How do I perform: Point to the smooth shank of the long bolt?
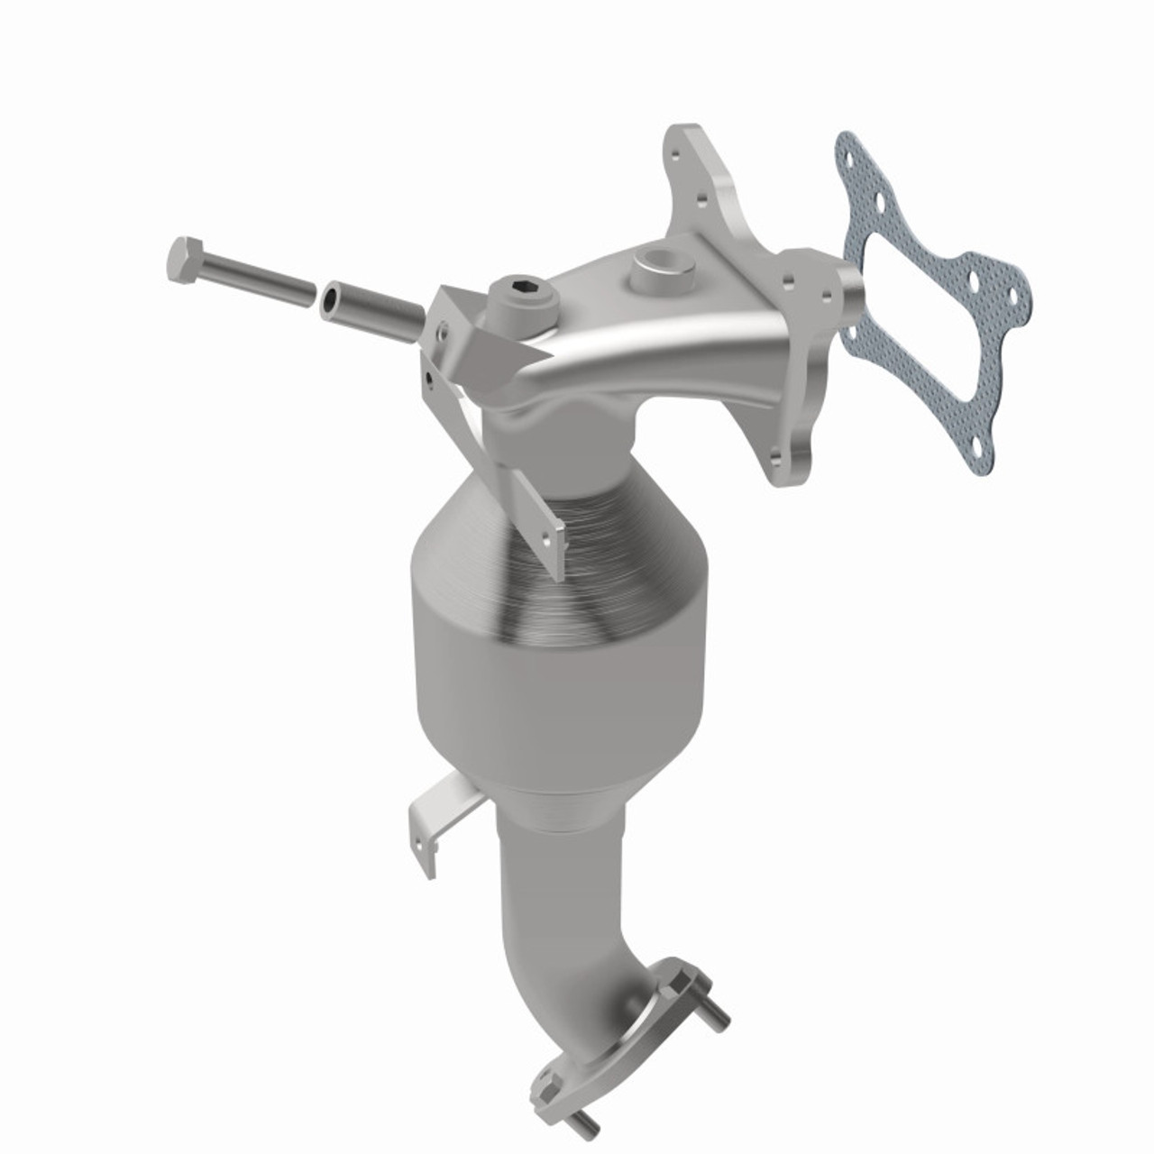[257, 279]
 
